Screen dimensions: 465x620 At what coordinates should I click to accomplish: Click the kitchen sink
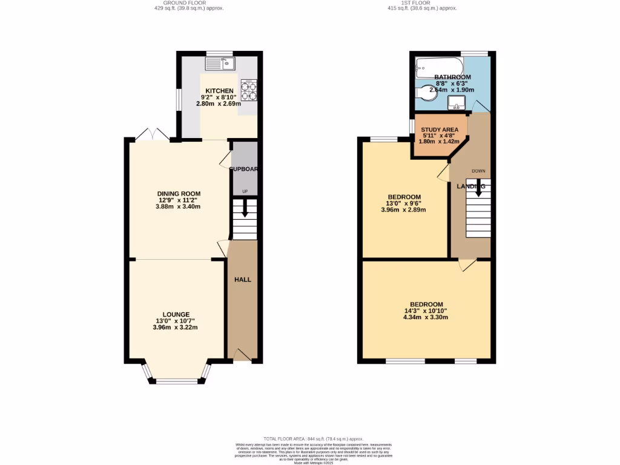coord(219,62)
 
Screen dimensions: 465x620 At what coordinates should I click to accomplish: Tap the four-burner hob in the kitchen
coord(249,90)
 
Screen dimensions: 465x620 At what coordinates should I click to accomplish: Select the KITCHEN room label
coord(219,91)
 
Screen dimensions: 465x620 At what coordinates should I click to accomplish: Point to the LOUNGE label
coord(176,314)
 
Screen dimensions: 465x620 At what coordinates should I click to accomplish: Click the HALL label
coord(243,279)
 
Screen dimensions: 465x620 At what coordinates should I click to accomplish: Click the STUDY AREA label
coord(440,129)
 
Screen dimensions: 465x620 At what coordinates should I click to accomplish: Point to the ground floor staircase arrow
coord(245,211)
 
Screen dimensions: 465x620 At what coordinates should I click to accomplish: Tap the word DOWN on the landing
coord(478,171)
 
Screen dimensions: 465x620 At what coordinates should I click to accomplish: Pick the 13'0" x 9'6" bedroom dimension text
coord(404,203)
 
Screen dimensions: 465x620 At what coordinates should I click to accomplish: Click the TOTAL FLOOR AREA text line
coord(313,438)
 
